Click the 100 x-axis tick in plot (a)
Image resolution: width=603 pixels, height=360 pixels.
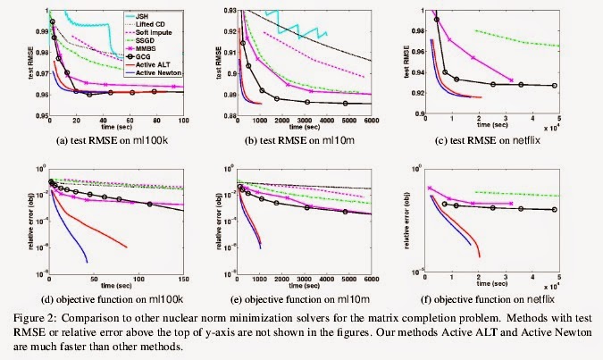click(183, 122)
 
